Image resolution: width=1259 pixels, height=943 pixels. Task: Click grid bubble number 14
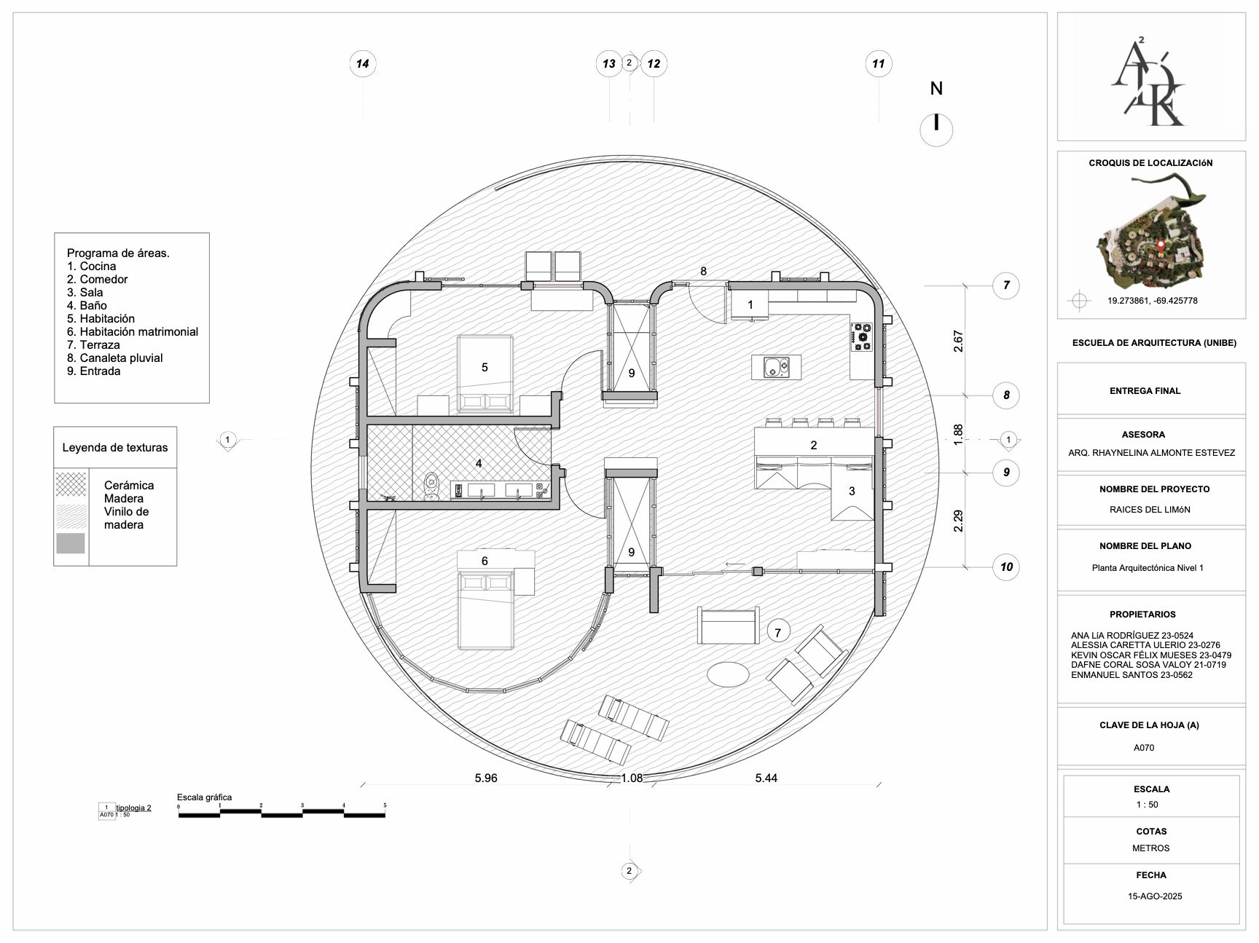(x=362, y=64)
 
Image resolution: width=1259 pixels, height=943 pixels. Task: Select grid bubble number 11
(x=878, y=64)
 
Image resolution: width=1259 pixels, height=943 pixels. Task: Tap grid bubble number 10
(x=1006, y=567)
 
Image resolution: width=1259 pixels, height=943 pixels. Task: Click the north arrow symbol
(x=936, y=125)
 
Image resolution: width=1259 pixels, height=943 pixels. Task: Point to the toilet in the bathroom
(x=432, y=486)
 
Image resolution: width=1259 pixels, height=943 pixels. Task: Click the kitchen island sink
(x=776, y=368)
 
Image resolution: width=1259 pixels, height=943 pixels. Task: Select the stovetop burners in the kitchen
(x=862, y=337)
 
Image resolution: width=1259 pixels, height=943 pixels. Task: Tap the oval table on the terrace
(x=728, y=674)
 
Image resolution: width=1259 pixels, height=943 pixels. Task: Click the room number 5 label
(x=485, y=367)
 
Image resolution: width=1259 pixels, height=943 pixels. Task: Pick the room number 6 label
(x=485, y=561)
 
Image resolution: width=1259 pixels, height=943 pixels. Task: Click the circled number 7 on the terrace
(x=777, y=632)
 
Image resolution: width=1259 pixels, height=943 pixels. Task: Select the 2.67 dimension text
(x=958, y=342)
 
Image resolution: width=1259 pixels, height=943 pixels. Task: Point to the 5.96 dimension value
(x=486, y=778)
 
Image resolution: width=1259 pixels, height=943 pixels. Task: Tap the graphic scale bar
(x=282, y=813)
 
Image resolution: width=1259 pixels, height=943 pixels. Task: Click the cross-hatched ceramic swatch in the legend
(x=71, y=484)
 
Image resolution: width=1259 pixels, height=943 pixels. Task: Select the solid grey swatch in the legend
(x=71, y=543)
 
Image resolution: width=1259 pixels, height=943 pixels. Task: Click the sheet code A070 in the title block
(x=1144, y=748)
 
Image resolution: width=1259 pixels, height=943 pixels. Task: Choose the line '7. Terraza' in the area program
(x=93, y=344)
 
